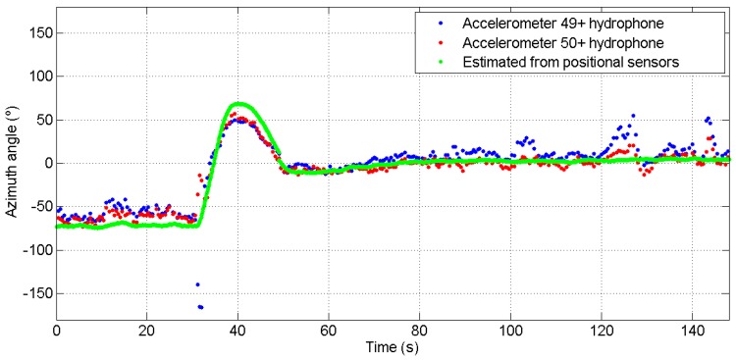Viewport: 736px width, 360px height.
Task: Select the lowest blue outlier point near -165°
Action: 201,307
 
